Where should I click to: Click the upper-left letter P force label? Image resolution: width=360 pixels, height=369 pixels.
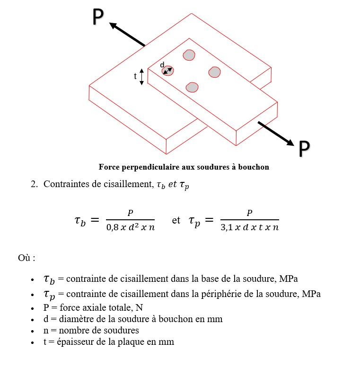coord(97,17)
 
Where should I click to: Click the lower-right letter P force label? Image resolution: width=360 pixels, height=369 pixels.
coord(304,149)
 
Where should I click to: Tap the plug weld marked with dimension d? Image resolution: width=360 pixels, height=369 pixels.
coord(167,71)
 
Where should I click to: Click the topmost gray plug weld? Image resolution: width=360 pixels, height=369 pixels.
coord(189,55)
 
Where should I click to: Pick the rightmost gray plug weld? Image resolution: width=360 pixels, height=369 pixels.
coord(214,72)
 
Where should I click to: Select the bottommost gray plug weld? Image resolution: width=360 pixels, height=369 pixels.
coord(192,87)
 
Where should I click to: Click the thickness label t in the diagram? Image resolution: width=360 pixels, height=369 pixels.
coord(135,76)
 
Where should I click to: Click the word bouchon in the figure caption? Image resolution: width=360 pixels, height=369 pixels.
coord(254,167)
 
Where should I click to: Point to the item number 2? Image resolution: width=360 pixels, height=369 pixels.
coord(34,184)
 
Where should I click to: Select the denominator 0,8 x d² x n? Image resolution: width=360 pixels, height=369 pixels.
coord(131,227)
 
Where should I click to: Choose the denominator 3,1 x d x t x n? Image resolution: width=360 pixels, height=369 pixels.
coord(250,227)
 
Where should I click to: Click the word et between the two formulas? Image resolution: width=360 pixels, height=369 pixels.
coord(176,221)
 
